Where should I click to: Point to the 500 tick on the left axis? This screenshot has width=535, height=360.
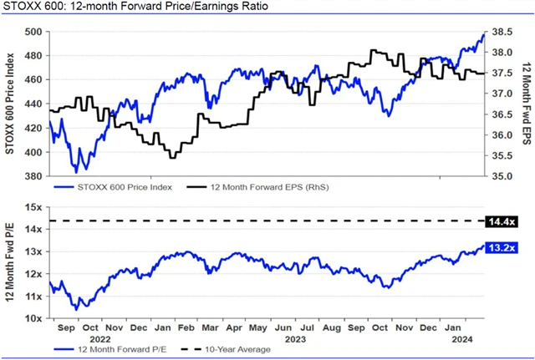[33, 32]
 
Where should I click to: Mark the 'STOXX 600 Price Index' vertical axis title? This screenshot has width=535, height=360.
[10, 104]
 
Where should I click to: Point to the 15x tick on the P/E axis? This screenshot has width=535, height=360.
[33, 207]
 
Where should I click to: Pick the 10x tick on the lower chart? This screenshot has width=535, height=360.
[33, 319]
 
